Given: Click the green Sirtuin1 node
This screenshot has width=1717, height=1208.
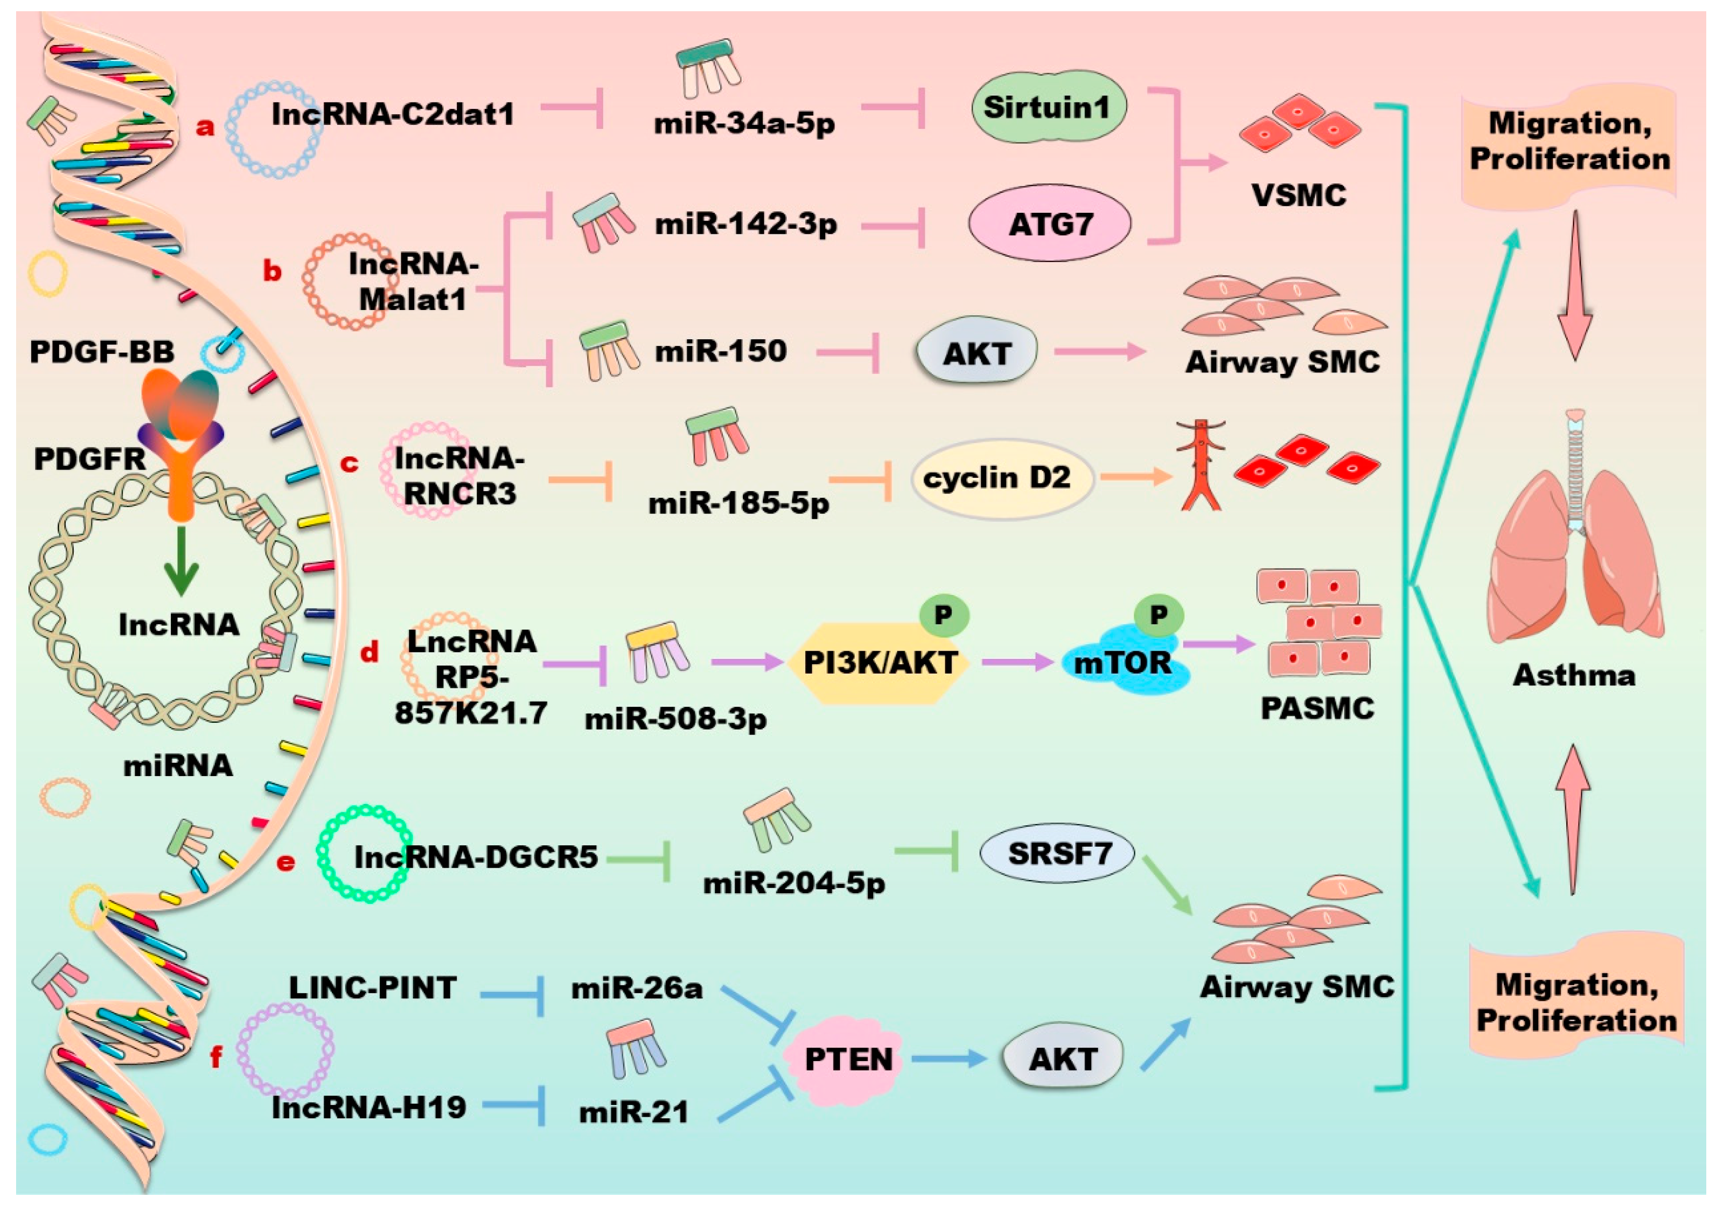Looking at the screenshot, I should click(x=1048, y=108).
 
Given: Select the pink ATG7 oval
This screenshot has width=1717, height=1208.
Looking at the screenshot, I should click(x=1050, y=224).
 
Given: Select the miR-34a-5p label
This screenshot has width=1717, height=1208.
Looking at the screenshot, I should click(x=744, y=123).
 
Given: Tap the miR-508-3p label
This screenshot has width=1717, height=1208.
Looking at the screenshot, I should click(x=675, y=719).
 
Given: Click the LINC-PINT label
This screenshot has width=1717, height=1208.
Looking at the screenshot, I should click(x=372, y=988).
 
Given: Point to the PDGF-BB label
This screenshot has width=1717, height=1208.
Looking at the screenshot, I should click(x=102, y=351).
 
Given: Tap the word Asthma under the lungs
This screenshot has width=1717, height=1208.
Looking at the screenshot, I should click(x=1574, y=676).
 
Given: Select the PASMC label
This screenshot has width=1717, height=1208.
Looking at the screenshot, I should click(x=1317, y=708).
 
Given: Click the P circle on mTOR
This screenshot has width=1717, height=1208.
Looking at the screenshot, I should click(x=1158, y=615).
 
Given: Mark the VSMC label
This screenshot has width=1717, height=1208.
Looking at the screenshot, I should click(x=1298, y=196).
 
